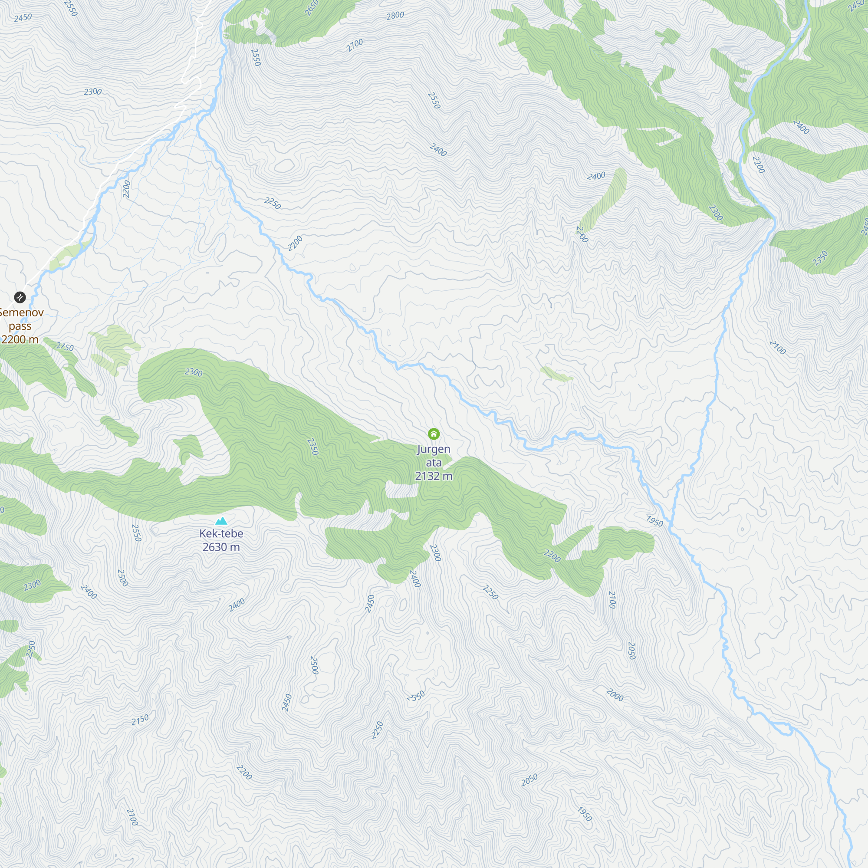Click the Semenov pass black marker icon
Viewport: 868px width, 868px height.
coord(20,297)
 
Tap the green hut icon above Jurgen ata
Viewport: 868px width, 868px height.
coord(434,434)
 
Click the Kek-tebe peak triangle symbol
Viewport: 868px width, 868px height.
coord(221,521)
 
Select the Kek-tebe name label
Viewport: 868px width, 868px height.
coord(221,533)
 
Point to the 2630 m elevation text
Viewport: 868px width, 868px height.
coord(221,547)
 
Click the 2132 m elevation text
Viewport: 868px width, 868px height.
coord(434,476)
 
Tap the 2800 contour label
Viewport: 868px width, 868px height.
coord(395,16)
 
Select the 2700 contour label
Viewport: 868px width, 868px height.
coord(355,45)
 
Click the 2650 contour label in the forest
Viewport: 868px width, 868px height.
coord(311,8)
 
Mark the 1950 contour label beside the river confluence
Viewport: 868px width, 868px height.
coord(654,521)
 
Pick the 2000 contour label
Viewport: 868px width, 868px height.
coord(615,695)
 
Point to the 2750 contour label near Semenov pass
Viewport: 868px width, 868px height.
coord(65,347)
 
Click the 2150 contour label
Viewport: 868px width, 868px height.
coord(140,719)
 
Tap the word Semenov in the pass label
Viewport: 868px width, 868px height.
coord(22,312)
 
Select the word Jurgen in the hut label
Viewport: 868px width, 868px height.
coord(434,449)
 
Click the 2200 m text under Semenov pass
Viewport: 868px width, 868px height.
coord(20,339)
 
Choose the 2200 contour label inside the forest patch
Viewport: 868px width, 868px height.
coord(552,556)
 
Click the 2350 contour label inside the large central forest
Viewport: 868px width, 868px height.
coord(312,447)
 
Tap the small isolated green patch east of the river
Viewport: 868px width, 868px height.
coord(556,374)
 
